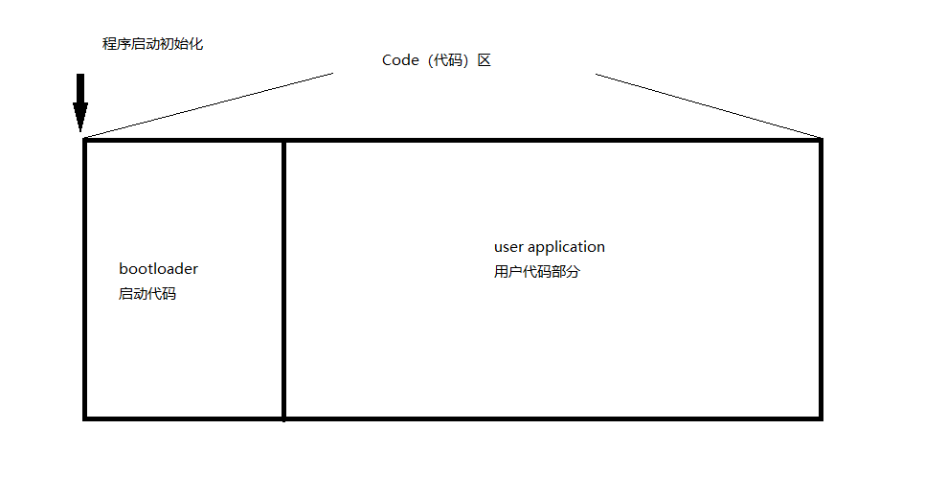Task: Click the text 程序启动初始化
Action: (152, 44)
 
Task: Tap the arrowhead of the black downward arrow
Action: (80, 120)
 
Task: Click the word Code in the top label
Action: (400, 60)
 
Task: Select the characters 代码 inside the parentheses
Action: (448, 60)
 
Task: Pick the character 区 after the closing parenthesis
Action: (485, 60)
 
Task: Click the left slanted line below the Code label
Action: (209, 105)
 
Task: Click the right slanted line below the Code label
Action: (709, 105)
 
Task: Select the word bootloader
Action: (158, 269)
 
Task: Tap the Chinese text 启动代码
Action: (147, 294)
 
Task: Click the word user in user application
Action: (508, 247)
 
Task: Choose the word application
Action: (566, 248)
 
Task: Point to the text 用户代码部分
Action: (537, 272)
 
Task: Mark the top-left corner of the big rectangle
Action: (85, 140)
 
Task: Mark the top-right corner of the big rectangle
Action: (821, 140)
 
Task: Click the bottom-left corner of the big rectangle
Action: (85, 418)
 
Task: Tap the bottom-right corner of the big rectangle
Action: (821, 418)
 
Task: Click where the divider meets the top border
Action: (283, 140)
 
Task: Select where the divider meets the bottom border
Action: (283, 418)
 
